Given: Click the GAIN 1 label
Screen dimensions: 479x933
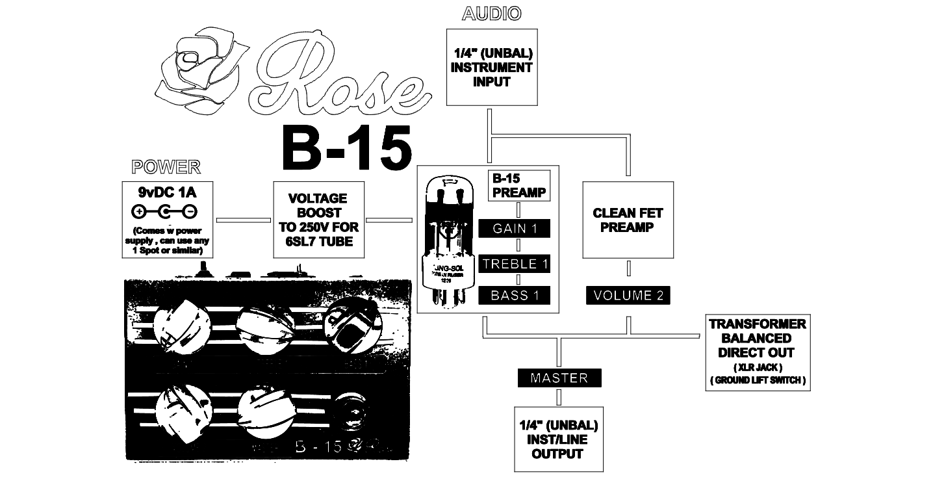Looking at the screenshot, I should click(x=514, y=228).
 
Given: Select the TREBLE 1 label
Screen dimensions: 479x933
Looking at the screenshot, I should click(x=514, y=264).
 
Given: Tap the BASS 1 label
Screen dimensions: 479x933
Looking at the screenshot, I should click(x=514, y=295).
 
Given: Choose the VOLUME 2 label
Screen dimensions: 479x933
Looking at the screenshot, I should click(x=628, y=295).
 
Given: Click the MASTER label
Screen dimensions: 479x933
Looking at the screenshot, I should click(x=559, y=378).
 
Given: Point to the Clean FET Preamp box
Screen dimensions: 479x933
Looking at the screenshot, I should click(x=628, y=220).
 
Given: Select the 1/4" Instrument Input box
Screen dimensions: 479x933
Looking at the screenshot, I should click(x=492, y=67).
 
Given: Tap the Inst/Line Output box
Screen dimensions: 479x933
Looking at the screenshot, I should click(x=558, y=439).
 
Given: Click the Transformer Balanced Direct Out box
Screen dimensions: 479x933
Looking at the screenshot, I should click(x=758, y=352).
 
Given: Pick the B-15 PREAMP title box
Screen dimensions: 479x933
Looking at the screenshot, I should click(x=518, y=185).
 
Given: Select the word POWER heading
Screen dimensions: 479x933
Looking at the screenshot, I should click(x=166, y=167).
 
